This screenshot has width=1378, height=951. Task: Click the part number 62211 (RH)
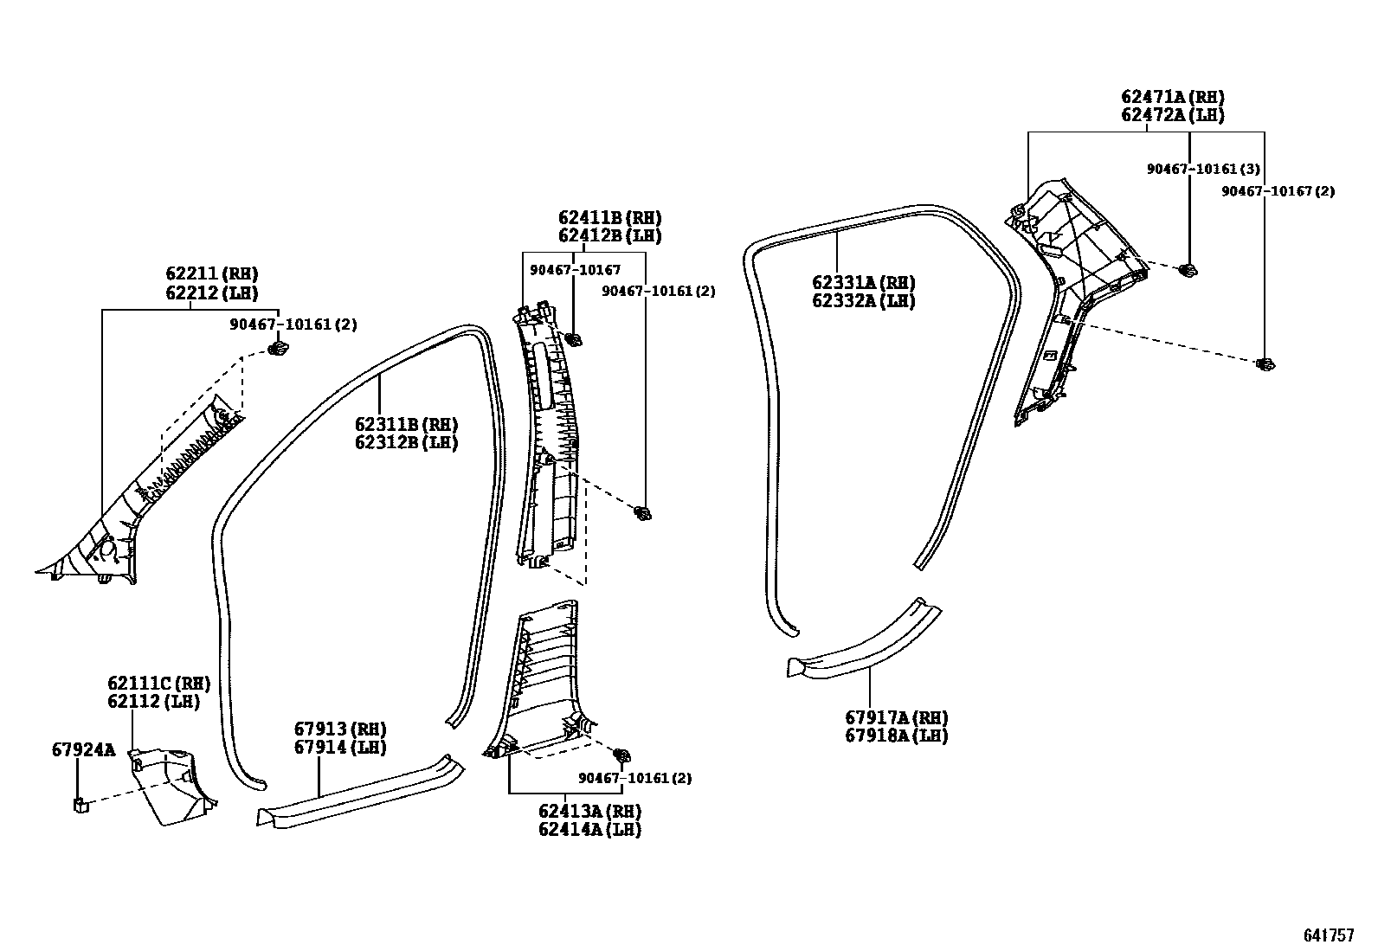[212, 275]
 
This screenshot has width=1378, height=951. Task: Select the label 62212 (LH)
[212, 293]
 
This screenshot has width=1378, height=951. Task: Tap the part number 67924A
[83, 749]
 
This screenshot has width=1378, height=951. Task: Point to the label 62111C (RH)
[159, 683]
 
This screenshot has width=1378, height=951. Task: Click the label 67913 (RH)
[340, 729]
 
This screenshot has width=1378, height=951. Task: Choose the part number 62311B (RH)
[406, 424]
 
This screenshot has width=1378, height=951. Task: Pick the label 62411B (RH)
[609, 217]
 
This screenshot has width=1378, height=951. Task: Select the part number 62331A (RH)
[863, 283]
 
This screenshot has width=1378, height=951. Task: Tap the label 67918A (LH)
[897, 736]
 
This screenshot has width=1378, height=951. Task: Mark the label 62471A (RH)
[1173, 97]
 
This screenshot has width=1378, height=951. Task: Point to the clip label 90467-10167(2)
[1278, 191]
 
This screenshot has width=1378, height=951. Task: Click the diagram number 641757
[1329, 935]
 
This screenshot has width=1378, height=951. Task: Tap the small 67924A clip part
[80, 806]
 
